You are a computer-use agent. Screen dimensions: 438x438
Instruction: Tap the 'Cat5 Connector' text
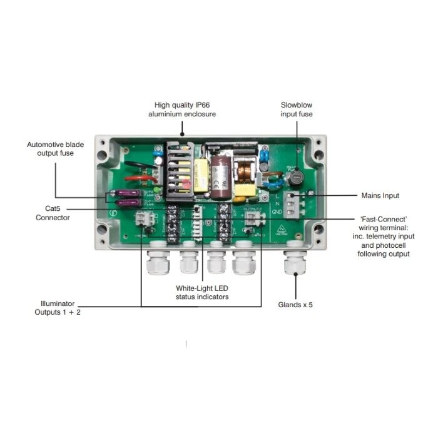pyautogui.click(x=53, y=213)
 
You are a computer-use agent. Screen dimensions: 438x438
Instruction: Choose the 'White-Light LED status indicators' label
pyautogui.click(x=201, y=292)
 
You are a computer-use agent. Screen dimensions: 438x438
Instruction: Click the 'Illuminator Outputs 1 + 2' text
pyautogui.click(x=57, y=307)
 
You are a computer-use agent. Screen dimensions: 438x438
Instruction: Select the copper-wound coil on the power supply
pyautogui.click(x=242, y=170)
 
